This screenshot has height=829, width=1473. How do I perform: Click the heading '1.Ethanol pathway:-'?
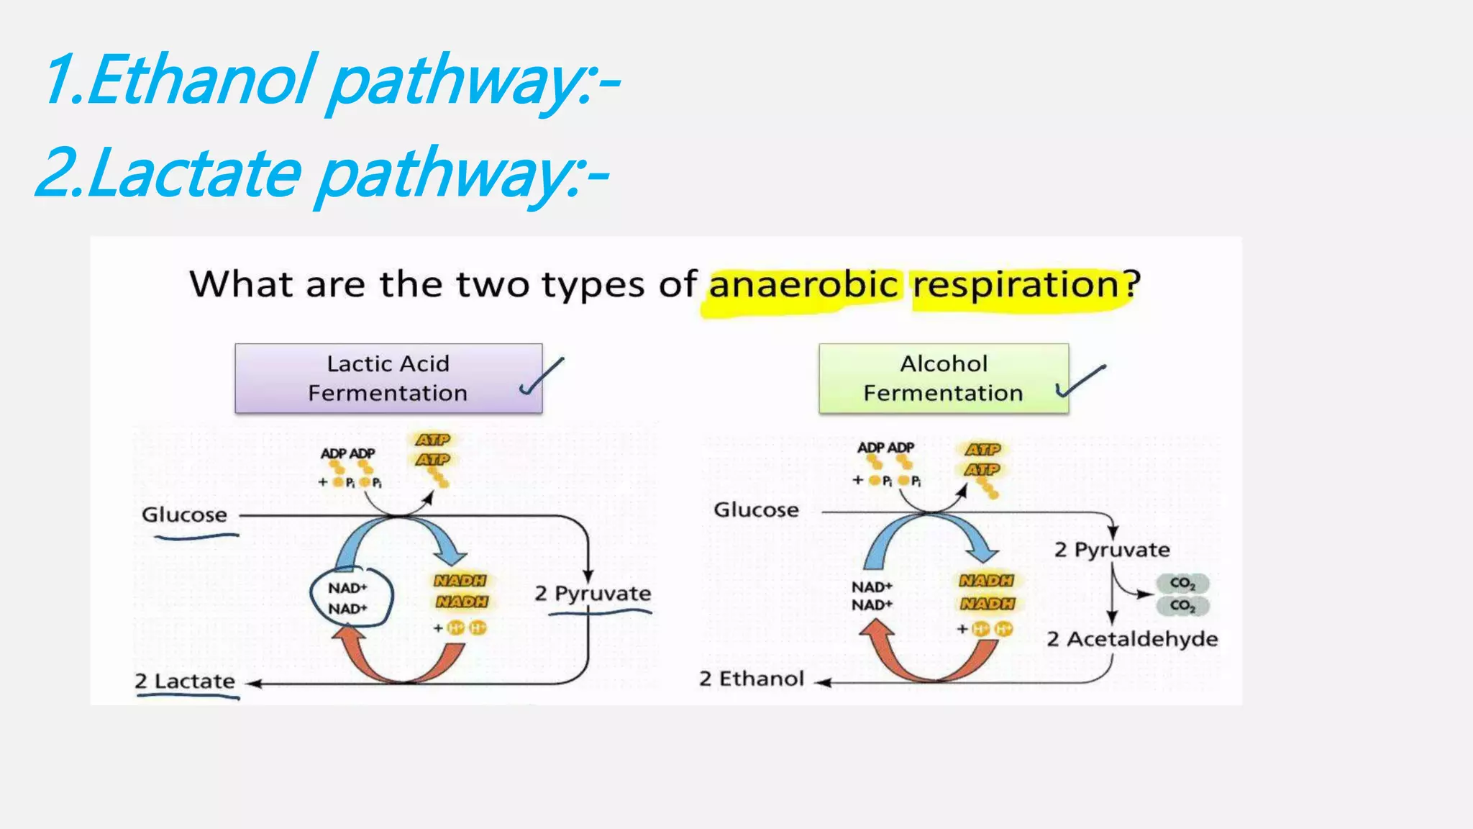(x=331, y=81)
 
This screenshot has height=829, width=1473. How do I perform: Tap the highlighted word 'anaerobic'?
(x=803, y=285)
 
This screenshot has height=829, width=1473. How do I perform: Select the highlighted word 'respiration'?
(x=1016, y=285)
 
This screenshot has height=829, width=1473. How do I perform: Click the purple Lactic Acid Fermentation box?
(x=388, y=379)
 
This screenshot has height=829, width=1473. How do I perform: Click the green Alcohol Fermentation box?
(x=943, y=379)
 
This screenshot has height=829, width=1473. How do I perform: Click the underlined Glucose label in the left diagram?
(x=184, y=515)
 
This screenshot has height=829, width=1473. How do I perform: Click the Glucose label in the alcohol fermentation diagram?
(x=756, y=510)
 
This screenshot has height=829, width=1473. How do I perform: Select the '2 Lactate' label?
(x=185, y=681)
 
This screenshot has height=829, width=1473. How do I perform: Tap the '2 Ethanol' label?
(x=752, y=679)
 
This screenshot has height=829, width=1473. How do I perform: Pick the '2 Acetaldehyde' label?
(x=1132, y=639)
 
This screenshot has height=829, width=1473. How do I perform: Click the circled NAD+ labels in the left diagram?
(x=349, y=598)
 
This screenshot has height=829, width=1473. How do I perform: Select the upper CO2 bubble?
(x=1182, y=583)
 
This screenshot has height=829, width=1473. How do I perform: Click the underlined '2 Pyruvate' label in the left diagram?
(x=593, y=594)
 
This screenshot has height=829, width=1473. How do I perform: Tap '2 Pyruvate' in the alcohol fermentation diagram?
(x=1112, y=550)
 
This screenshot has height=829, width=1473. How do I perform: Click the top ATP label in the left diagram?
(x=433, y=439)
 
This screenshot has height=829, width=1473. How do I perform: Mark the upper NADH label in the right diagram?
(x=986, y=581)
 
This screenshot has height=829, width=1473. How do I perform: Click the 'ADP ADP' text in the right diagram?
(x=885, y=448)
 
